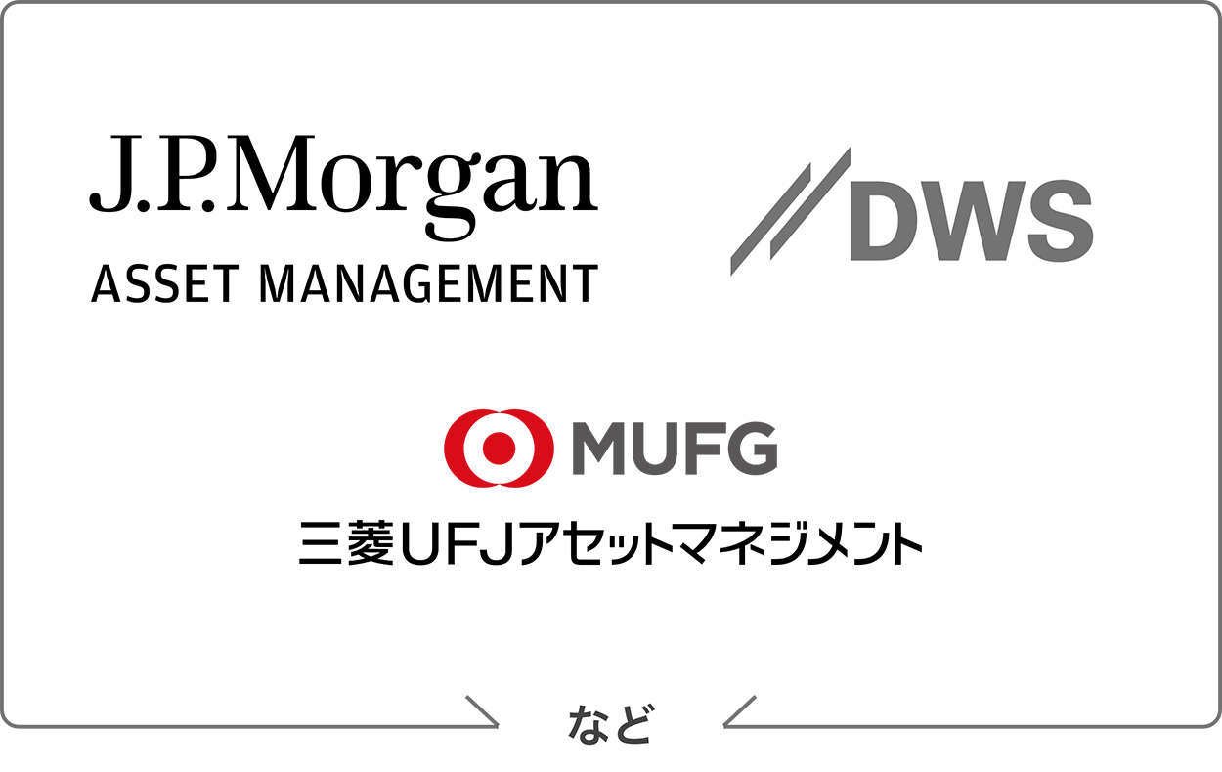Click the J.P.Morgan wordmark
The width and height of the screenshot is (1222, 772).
pyautogui.click(x=344, y=187)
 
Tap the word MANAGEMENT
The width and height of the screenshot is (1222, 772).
pyautogui.click(x=429, y=283)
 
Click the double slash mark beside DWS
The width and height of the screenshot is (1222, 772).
pyautogui.click(x=791, y=211)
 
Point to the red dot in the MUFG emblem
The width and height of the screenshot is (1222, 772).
pyautogui.click(x=500, y=449)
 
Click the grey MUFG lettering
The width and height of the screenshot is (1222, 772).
pyautogui.click(x=675, y=449)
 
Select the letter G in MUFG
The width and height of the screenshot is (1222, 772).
pyautogui.click(x=752, y=449)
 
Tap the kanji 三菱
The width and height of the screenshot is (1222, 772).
pyautogui.click(x=346, y=542)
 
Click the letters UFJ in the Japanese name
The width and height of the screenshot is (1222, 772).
pyautogui.click(x=457, y=543)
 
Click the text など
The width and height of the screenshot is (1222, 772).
pyautogui.click(x=610, y=724)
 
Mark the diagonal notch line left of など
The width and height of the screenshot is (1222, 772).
pyautogui.click(x=482, y=711)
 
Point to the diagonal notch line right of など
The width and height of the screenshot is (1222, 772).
pyautogui.click(x=740, y=711)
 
